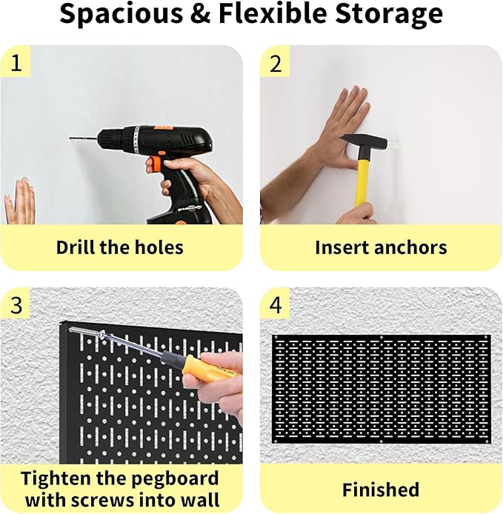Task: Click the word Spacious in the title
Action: [x=117, y=15]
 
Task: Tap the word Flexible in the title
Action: [x=273, y=15]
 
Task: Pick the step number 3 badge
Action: [x=16, y=305]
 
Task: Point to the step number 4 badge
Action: [x=276, y=305]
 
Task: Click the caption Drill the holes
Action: [x=120, y=247]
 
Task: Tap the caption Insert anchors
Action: [x=381, y=247]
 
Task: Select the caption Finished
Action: [x=381, y=490]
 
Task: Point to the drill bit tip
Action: [x=72, y=138]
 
